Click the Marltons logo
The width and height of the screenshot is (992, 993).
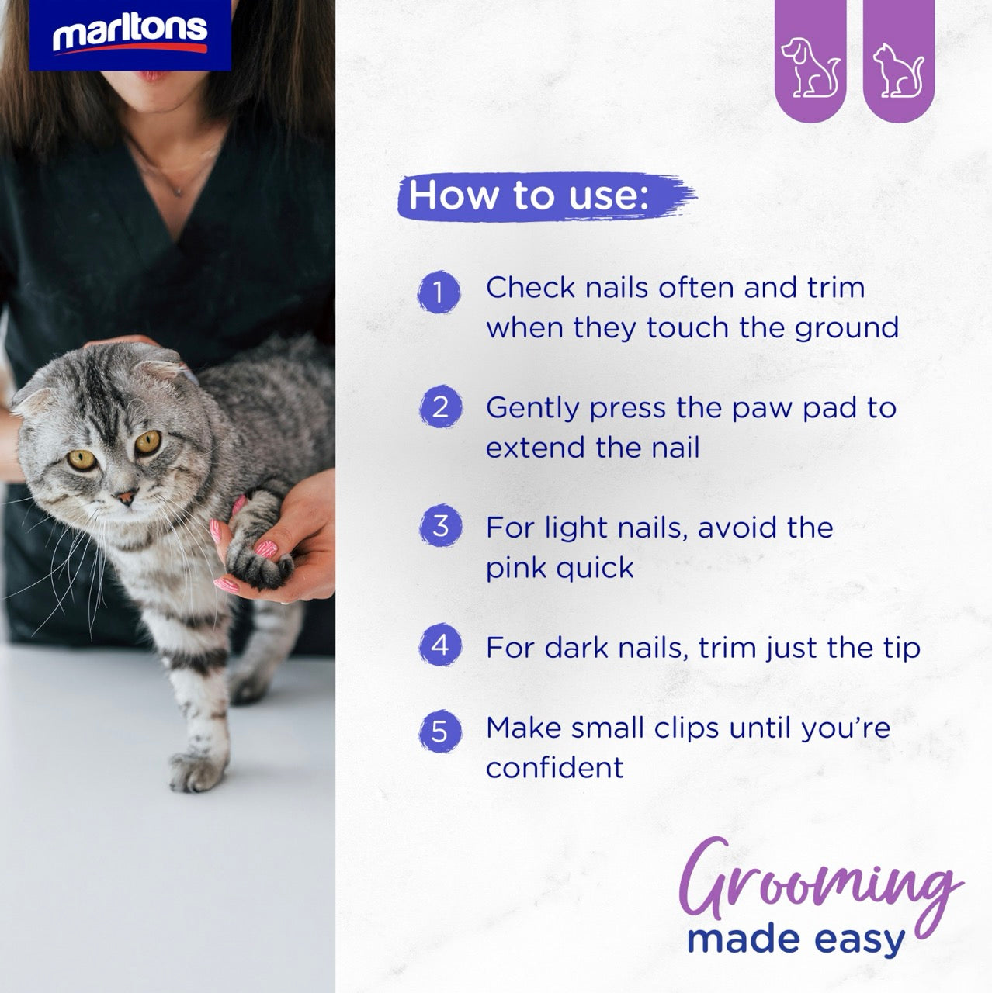130,35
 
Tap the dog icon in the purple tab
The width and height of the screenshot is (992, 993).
810,67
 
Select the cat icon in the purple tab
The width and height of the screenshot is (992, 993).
897,71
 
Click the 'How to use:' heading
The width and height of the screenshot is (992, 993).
529,195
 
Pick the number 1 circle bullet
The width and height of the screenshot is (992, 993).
439,292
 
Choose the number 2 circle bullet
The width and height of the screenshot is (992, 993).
440,407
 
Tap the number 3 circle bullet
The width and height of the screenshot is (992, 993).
440,526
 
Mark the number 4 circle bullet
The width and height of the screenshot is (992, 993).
440,645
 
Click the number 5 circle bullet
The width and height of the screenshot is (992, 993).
439,732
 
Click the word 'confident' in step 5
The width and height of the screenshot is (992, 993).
555,768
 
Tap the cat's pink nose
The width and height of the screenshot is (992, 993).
127,496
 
